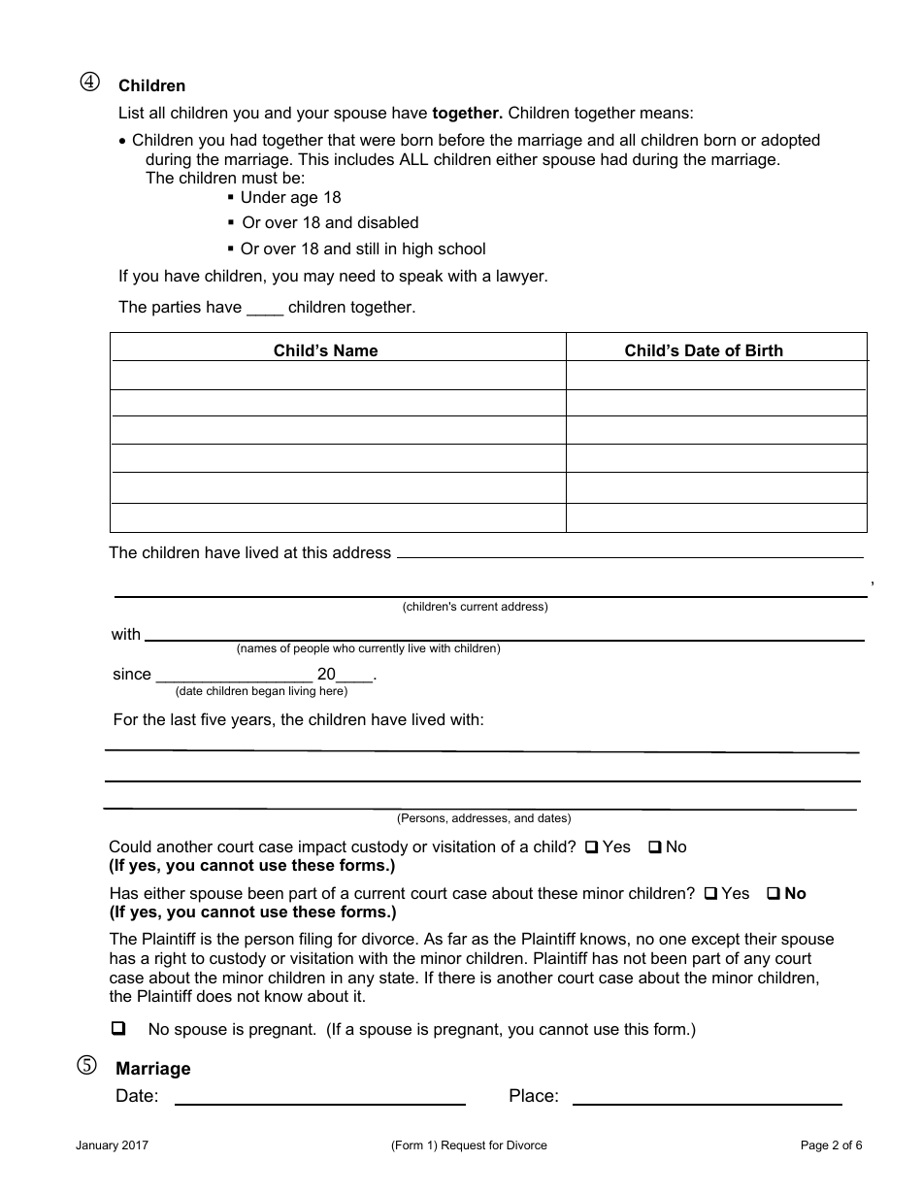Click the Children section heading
(x=151, y=86)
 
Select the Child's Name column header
(x=325, y=350)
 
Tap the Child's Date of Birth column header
(x=703, y=350)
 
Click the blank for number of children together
(x=264, y=308)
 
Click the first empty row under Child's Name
(x=338, y=376)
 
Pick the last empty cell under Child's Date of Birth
(x=715, y=517)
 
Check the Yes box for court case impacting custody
(x=592, y=847)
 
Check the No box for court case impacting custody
(x=655, y=847)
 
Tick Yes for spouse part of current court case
(x=711, y=894)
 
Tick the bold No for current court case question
(x=774, y=894)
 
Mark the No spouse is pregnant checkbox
(x=119, y=1028)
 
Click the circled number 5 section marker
(x=87, y=1066)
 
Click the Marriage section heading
(x=153, y=1069)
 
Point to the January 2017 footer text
(x=112, y=1145)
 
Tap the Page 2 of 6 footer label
(x=831, y=1145)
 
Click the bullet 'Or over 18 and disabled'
(x=330, y=223)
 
